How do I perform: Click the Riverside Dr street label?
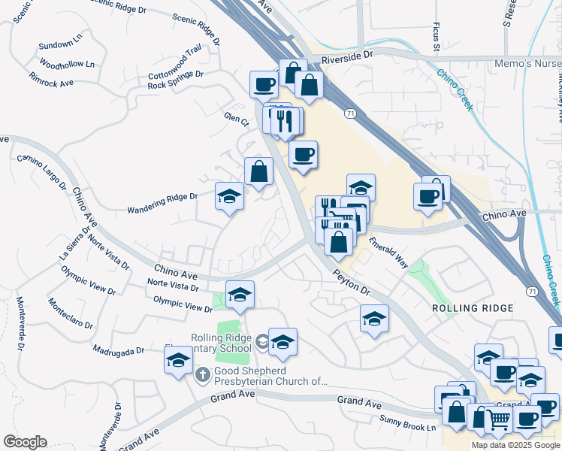click(346, 56)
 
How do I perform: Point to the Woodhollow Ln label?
click(68, 64)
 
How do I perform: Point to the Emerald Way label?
click(388, 250)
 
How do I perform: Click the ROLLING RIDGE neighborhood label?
click(473, 309)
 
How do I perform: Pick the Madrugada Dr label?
click(119, 351)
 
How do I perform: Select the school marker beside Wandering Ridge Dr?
click(229, 197)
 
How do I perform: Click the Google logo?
click(25, 442)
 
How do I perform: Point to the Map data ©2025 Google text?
click(516, 445)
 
